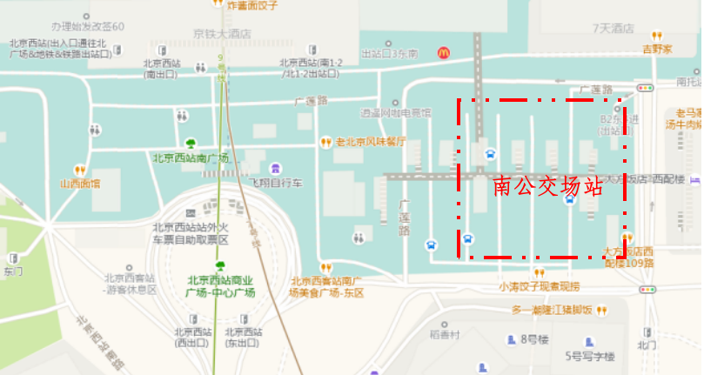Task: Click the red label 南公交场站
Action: (547, 187)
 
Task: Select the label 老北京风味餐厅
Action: (371, 142)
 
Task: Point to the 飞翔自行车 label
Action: (276, 183)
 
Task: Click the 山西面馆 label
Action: (80, 184)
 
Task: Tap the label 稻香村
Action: (445, 335)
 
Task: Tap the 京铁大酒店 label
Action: (221, 34)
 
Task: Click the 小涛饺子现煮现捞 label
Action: (539, 285)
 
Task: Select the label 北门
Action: (647, 345)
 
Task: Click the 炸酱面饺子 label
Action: (252, 5)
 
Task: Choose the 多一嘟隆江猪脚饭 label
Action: (552, 310)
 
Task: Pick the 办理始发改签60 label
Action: (87, 27)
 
